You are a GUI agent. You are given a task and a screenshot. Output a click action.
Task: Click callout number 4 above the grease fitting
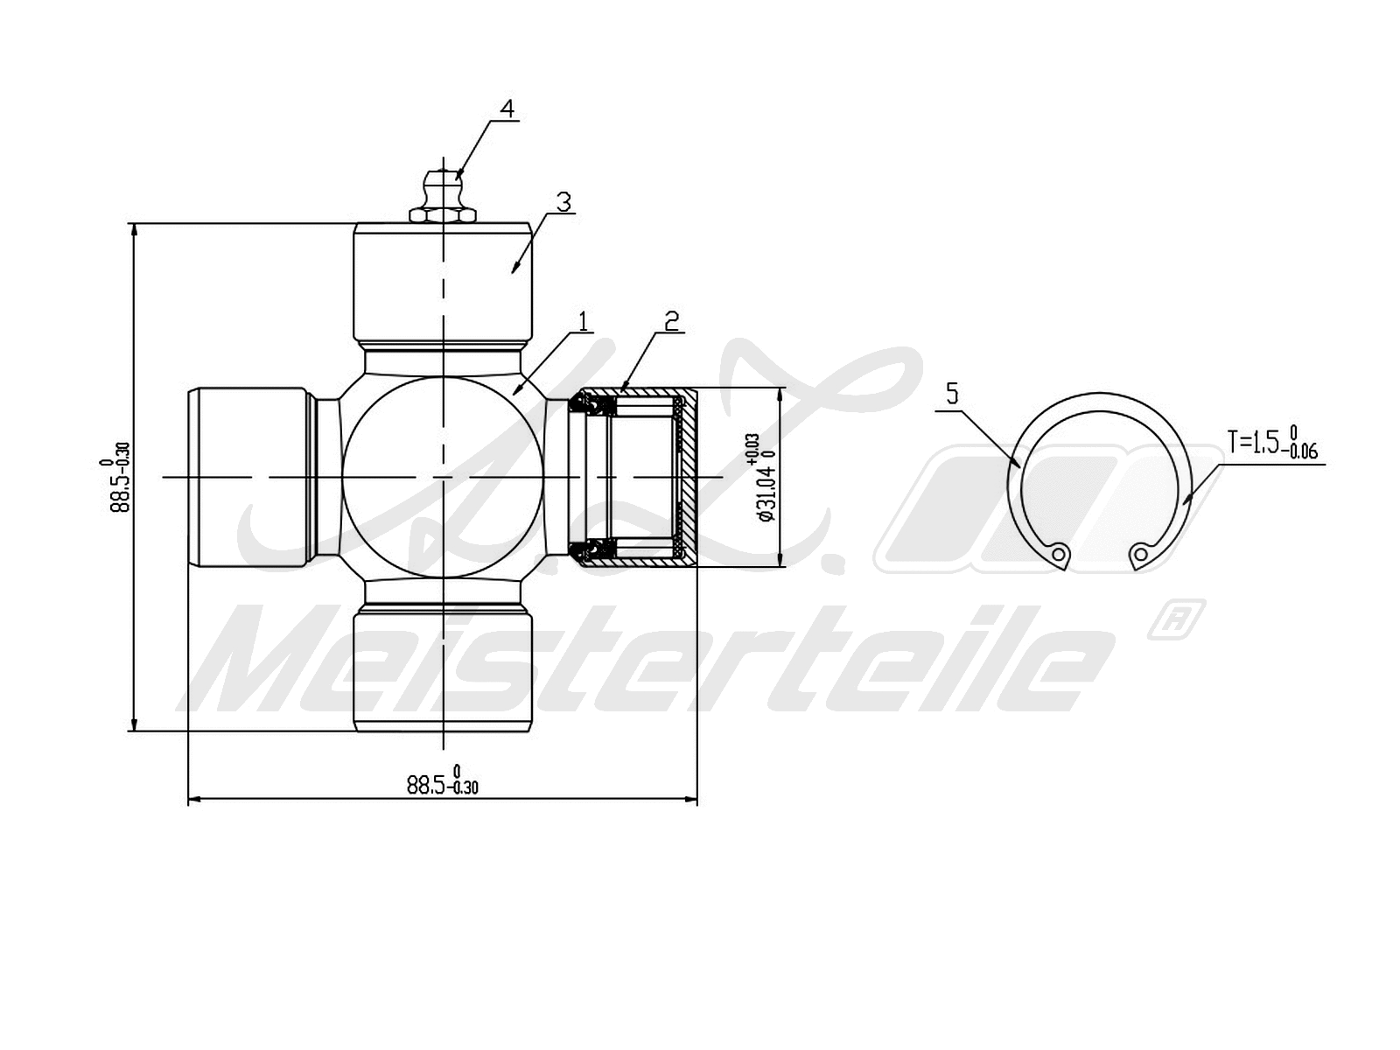click(x=507, y=108)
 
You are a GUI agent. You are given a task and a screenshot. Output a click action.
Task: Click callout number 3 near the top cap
click(x=563, y=202)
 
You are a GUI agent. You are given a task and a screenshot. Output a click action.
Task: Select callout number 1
click(x=584, y=321)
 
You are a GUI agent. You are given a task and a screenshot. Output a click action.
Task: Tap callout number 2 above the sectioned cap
click(x=671, y=321)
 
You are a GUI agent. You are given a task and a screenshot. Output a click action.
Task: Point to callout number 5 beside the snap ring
click(x=953, y=394)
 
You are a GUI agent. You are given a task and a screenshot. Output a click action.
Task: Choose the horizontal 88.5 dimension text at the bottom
click(x=442, y=781)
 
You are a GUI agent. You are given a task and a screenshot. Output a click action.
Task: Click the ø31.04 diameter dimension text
click(x=763, y=477)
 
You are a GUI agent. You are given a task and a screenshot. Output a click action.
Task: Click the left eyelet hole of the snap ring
click(x=1060, y=554)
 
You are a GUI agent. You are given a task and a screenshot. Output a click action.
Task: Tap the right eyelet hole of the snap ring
click(x=1139, y=553)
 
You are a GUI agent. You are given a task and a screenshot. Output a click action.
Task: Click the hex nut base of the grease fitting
click(x=442, y=213)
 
